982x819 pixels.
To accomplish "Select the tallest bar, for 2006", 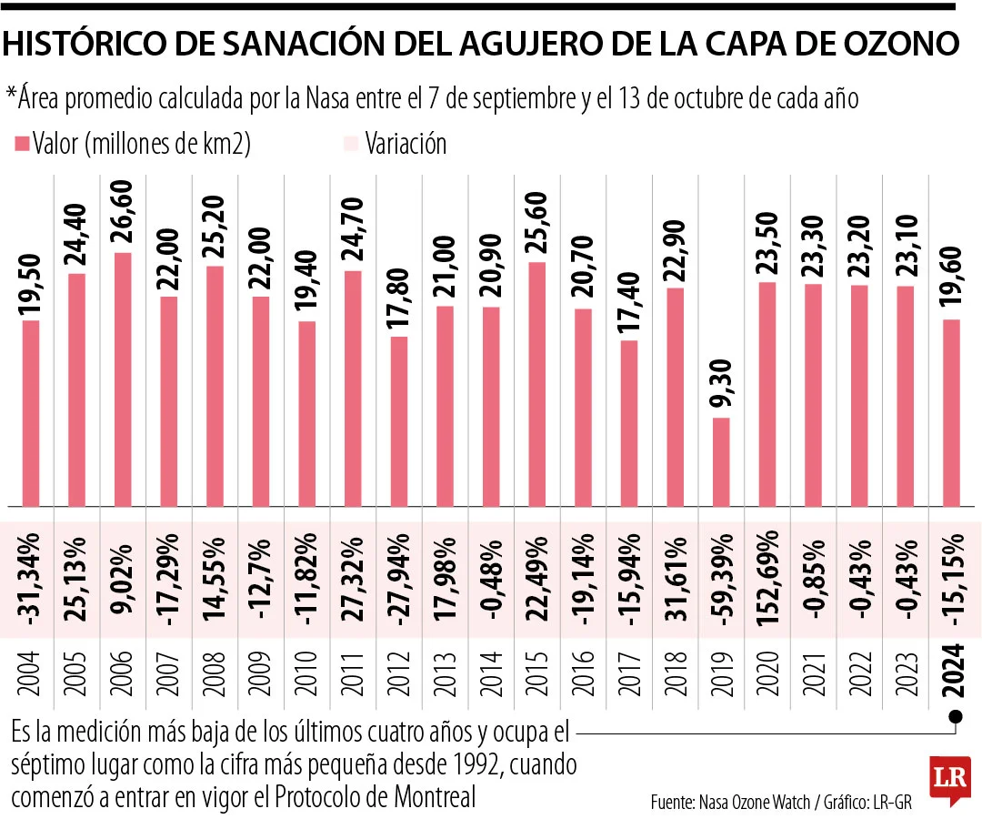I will pyautogui.click(x=122, y=379).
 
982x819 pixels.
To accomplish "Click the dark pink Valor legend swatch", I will pyautogui.click(x=21, y=144).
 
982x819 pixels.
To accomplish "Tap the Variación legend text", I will pyautogui.click(x=406, y=144).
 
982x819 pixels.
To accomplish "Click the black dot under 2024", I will pyautogui.click(x=954, y=715).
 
